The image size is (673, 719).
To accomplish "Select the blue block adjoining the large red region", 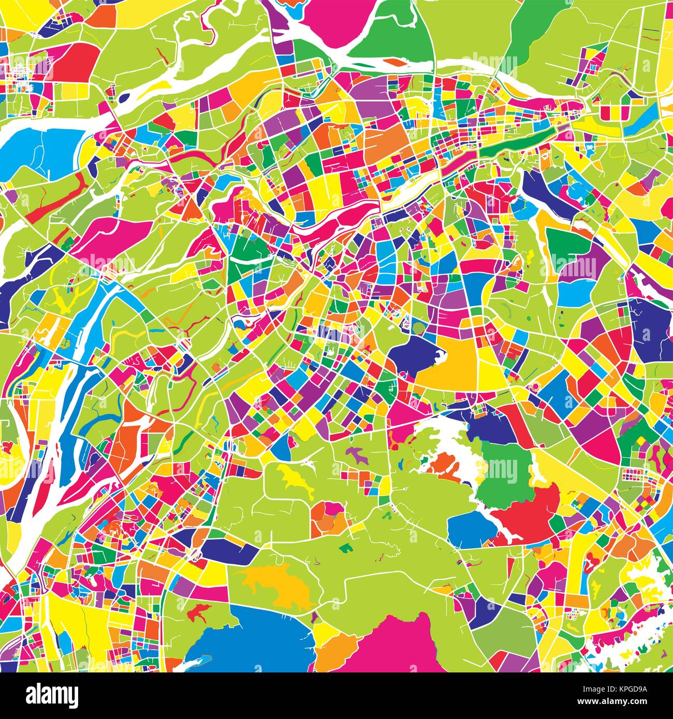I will (x=469, y=528).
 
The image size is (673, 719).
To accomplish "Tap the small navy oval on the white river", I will (x=124, y=97).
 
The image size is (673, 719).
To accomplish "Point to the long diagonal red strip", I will (x=57, y=197).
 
